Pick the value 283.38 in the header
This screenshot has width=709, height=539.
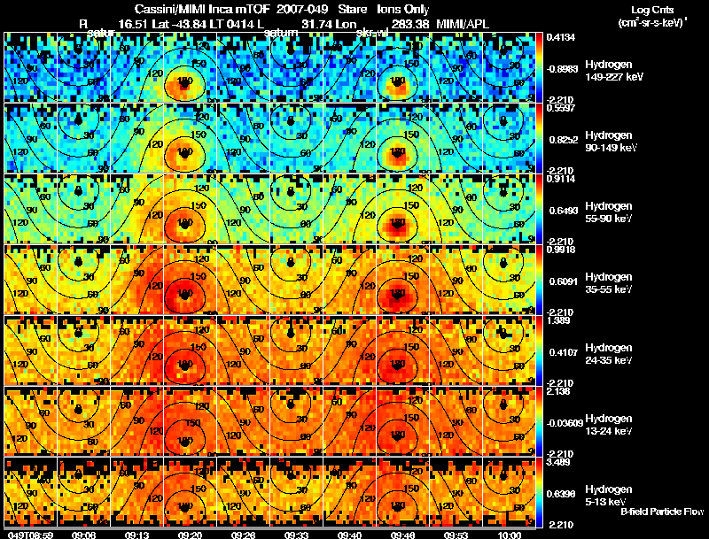[x=403, y=23]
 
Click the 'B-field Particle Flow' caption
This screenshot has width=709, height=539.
[x=662, y=511]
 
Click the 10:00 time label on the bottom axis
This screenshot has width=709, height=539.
[x=510, y=534]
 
